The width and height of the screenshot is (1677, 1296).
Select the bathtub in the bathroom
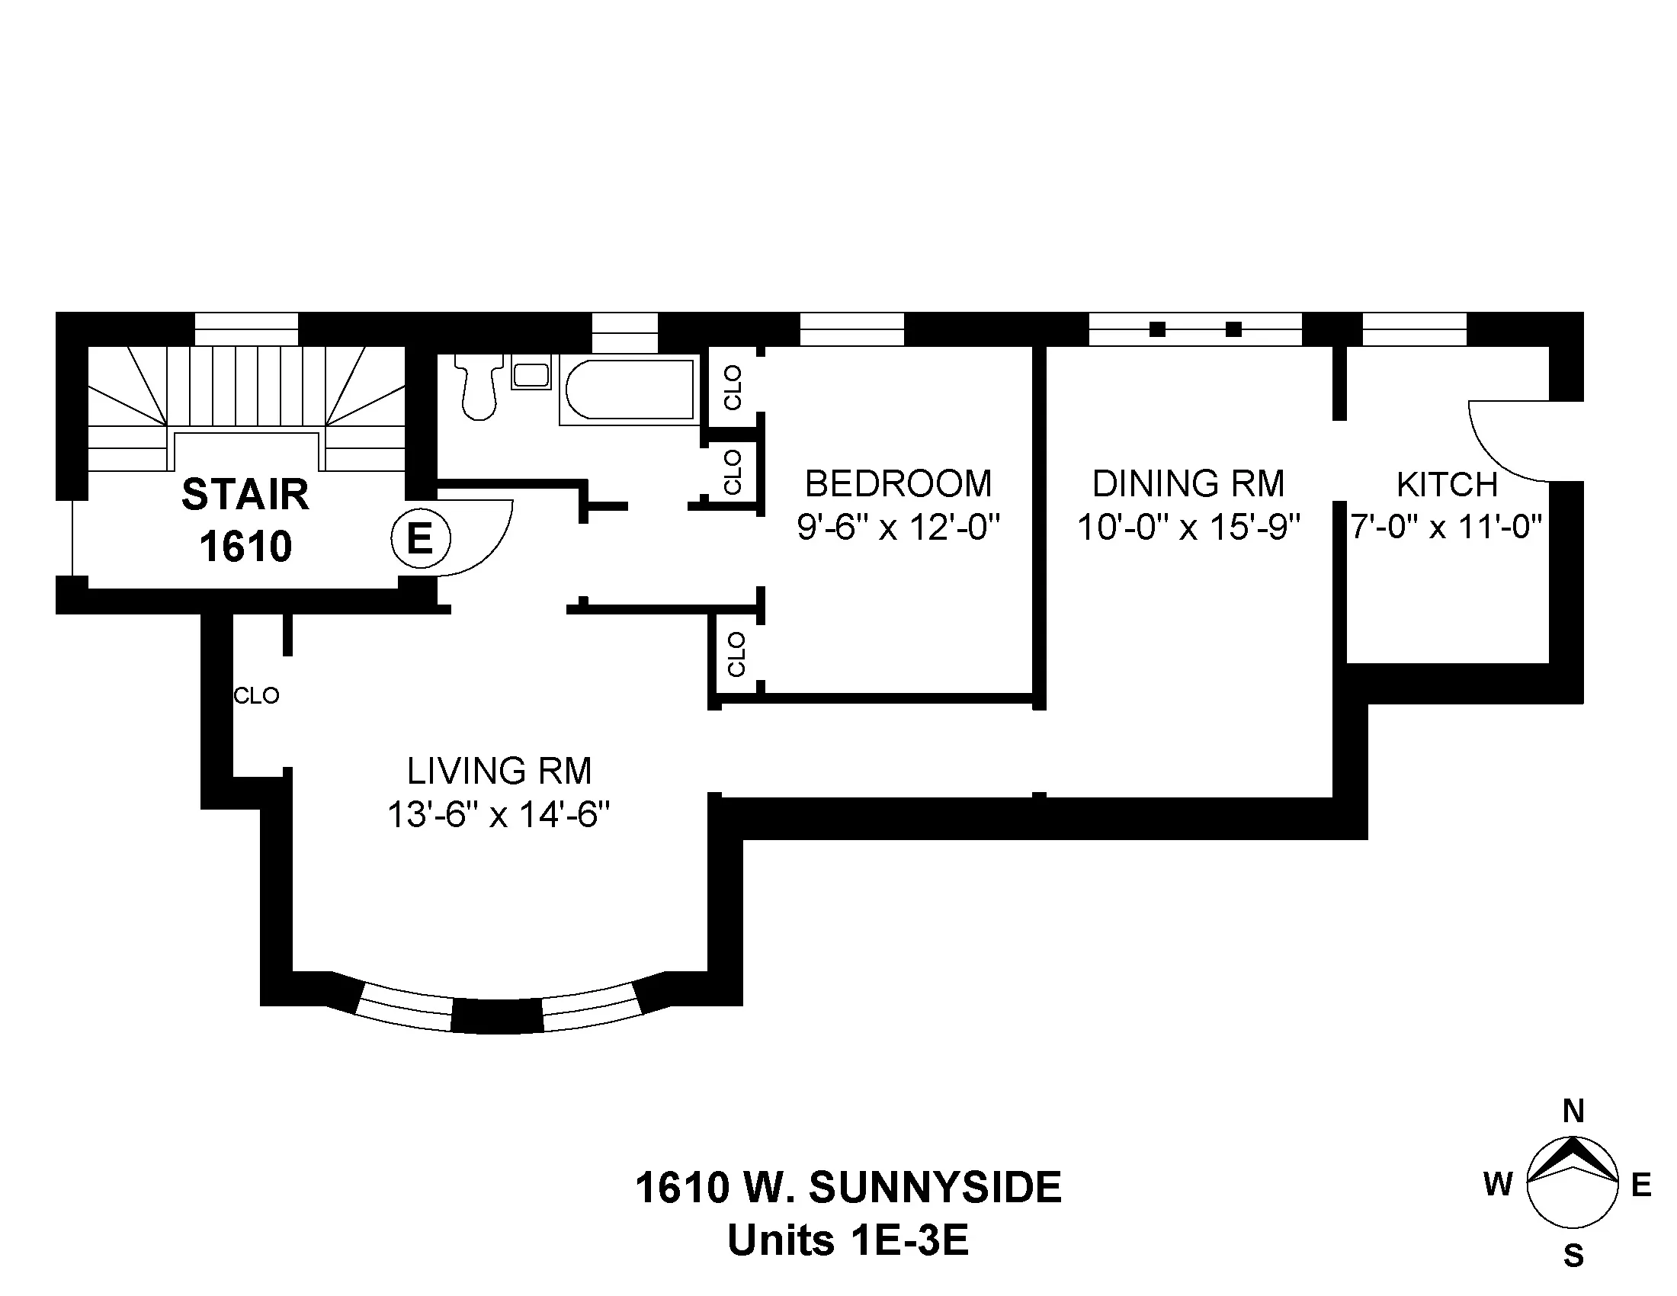[630, 390]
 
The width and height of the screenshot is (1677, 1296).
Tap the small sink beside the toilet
[531, 375]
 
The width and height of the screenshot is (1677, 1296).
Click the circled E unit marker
[420, 539]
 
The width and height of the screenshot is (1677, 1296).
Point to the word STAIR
[245, 494]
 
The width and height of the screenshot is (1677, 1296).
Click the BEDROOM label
[898, 483]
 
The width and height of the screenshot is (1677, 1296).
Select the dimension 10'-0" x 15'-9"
[1188, 528]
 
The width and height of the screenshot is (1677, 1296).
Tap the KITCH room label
[1447, 484]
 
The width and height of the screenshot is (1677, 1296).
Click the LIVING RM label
[499, 771]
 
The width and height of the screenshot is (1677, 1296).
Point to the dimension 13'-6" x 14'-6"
[499, 815]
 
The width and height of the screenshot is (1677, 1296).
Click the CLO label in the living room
[255, 695]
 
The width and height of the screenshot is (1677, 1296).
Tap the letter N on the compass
[1573, 1111]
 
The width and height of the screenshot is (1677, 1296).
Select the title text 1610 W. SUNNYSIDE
[848, 1188]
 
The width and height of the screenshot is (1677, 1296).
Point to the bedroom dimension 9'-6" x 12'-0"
[898, 528]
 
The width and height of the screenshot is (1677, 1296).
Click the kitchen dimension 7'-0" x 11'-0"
[1447, 528]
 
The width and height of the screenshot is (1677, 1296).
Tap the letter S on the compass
[1573, 1256]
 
